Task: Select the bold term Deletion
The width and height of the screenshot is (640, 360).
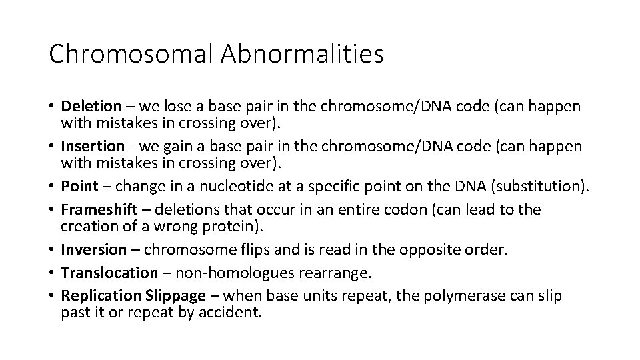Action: click(x=91, y=106)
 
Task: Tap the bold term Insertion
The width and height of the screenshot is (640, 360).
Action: click(x=93, y=146)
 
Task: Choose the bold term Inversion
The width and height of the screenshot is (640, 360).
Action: click(x=93, y=249)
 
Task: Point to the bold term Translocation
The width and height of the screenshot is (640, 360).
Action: click(x=107, y=273)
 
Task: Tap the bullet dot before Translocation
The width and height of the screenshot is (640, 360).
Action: click(x=53, y=273)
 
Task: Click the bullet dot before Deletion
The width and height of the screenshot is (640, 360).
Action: click(x=53, y=106)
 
